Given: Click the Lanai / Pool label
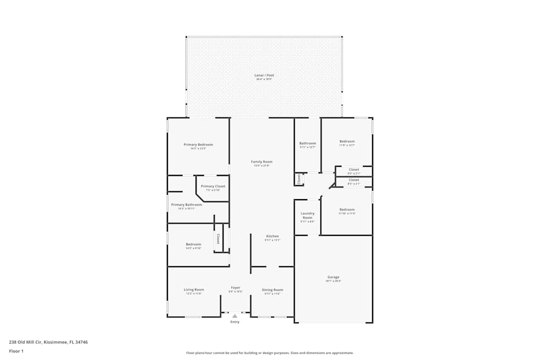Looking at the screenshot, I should click(x=264, y=75).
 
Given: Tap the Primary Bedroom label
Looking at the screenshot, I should click(x=198, y=145).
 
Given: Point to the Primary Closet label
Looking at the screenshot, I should click(x=213, y=186).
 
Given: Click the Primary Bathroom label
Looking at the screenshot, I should click(x=186, y=205).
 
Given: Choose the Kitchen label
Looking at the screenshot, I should click(x=272, y=236).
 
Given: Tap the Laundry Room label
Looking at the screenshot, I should click(x=307, y=215).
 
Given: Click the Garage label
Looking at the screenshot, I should click(x=333, y=277).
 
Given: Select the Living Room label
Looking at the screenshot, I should click(x=194, y=290).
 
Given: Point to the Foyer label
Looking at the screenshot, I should click(x=235, y=288).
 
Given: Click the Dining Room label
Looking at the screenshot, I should click(x=272, y=290).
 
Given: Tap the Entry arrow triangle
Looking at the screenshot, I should click(x=234, y=316).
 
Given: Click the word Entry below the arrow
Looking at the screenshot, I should click(x=234, y=322).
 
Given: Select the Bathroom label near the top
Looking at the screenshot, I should click(x=307, y=143).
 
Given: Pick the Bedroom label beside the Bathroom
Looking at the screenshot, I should click(x=347, y=141).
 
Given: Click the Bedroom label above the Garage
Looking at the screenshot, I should click(x=347, y=209).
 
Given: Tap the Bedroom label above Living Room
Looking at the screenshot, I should click(x=193, y=244).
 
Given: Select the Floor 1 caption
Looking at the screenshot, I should click(x=16, y=351).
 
